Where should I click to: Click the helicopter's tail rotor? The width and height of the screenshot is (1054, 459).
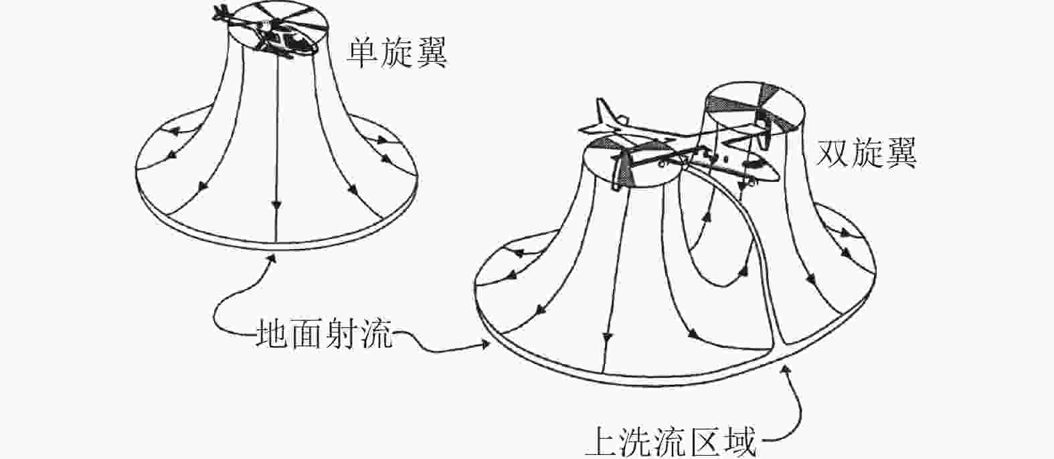[221, 11]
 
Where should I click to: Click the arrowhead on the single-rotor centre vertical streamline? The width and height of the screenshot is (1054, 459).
[276, 204]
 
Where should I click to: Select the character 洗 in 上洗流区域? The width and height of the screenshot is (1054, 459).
[636, 441]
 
